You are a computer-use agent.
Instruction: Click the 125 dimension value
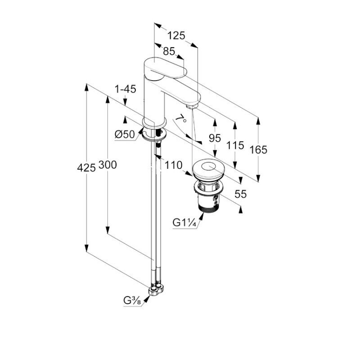(x=176, y=36)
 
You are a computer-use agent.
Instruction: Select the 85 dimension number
(x=169, y=51)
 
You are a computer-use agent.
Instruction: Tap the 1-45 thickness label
(x=126, y=89)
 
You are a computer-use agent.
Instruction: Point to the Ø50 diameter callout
(x=125, y=134)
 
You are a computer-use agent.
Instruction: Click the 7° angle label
(x=181, y=118)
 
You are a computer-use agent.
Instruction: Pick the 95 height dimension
(x=215, y=138)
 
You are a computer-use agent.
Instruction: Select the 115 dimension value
(x=235, y=145)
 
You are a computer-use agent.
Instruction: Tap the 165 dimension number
(x=258, y=150)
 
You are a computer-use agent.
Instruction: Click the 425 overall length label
(x=86, y=168)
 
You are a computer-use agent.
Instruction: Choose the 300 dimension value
(x=108, y=165)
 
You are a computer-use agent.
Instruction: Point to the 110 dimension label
(x=174, y=165)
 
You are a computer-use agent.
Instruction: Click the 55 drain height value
(x=241, y=194)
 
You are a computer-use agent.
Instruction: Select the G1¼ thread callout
(x=184, y=223)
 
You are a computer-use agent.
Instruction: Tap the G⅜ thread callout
(x=132, y=301)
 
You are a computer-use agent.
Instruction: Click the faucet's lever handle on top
(x=165, y=68)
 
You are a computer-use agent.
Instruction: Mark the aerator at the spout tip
(x=192, y=106)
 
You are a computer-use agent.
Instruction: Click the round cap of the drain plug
(x=208, y=170)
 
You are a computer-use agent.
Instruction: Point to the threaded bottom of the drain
(x=208, y=207)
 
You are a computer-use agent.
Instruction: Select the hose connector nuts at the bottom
(x=156, y=290)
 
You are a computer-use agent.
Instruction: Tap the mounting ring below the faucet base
(x=154, y=135)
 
